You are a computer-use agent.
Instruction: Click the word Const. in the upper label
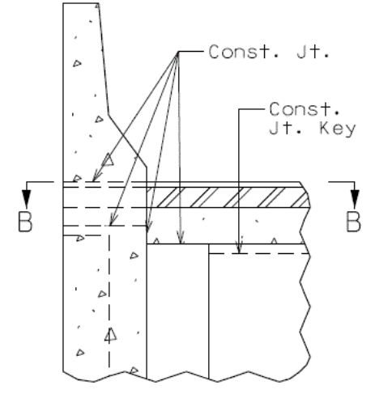[x=237, y=52]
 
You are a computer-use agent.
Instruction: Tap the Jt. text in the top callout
[x=313, y=52]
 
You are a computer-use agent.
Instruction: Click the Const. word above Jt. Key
[x=305, y=109]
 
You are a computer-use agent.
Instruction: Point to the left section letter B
[x=25, y=222]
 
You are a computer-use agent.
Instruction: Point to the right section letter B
[x=353, y=222]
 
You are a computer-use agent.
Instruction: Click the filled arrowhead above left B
[x=27, y=199]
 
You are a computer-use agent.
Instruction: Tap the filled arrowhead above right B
[x=355, y=199]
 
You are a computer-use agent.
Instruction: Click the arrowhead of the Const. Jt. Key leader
[x=239, y=248]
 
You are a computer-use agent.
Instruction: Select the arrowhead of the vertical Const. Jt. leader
[x=181, y=238]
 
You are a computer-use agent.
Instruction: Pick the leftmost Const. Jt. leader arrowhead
[x=96, y=176]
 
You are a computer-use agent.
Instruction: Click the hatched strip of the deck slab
[x=228, y=197]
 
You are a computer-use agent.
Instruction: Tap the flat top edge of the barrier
[x=80, y=3]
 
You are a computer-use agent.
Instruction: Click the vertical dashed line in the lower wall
[x=109, y=297]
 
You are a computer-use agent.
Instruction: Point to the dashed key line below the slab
[x=259, y=253]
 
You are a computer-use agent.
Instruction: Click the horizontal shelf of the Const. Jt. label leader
[x=191, y=51]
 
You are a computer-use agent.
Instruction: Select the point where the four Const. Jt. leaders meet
[x=177, y=52]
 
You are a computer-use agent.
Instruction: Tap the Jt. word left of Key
[x=286, y=129]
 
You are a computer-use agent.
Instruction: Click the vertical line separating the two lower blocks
[x=209, y=311]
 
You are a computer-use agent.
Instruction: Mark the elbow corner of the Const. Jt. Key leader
[x=239, y=109]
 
